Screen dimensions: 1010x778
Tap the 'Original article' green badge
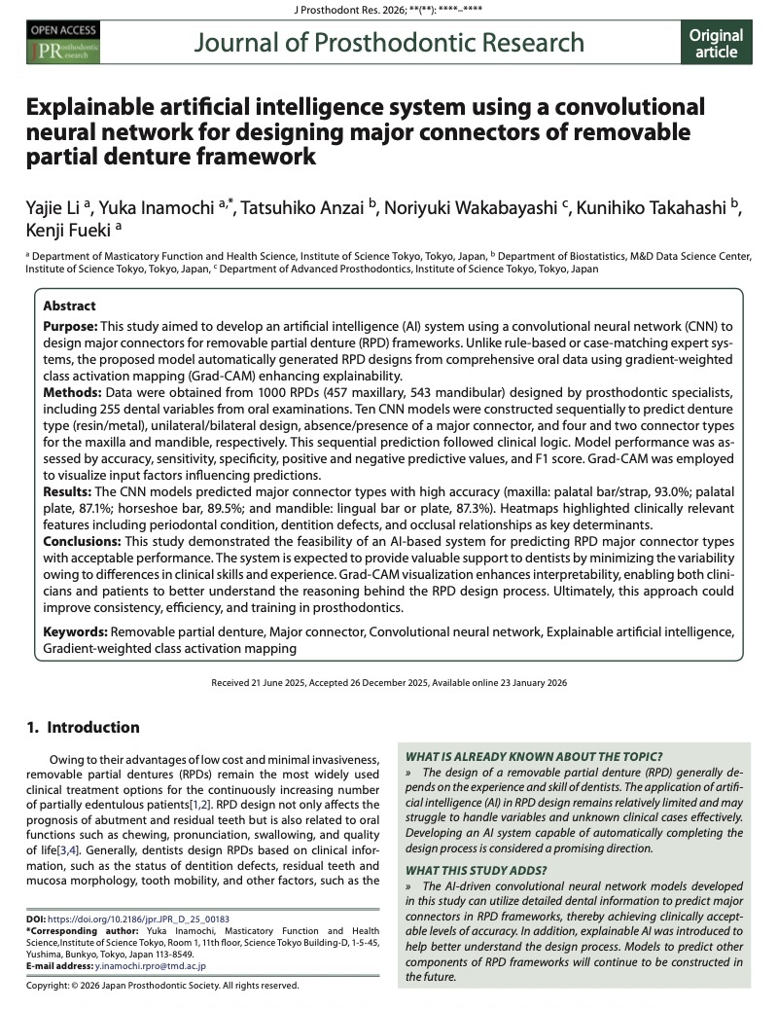tap(716, 44)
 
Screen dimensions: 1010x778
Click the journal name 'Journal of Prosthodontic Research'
tap(389, 43)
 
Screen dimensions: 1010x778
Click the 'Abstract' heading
tap(71, 305)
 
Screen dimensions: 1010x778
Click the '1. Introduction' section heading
tap(83, 727)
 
